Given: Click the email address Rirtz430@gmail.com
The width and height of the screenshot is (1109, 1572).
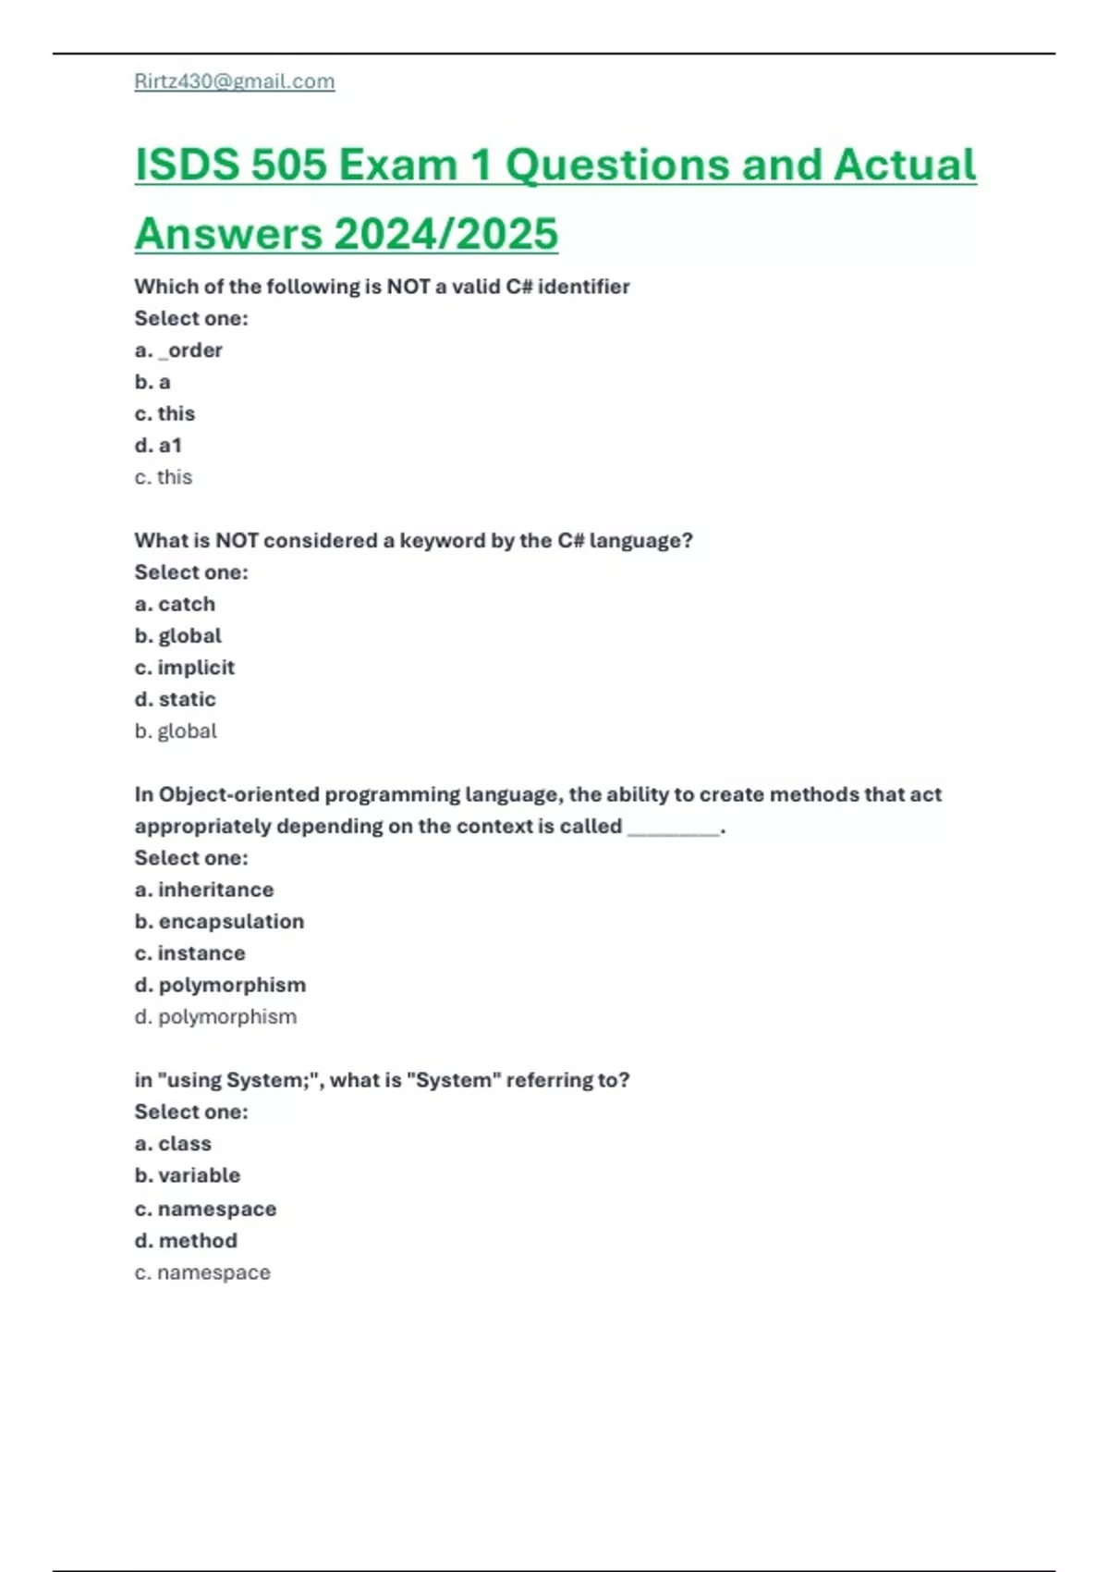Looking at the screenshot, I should click(x=235, y=81).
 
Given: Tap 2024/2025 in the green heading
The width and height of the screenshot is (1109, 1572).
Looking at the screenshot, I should click(x=445, y=234).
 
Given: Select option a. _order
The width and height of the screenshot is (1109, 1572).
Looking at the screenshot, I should click(x=178, y=350).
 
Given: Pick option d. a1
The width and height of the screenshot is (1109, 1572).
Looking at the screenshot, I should click(x=158, y=446).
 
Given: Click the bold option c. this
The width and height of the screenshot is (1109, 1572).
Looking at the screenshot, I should click(x=165, y=413).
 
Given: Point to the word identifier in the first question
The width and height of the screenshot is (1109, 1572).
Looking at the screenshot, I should click(x=583, y=287).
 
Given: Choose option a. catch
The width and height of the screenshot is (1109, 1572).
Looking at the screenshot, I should click(x=175, y=604).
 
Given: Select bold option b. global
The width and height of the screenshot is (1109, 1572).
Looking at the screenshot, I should click(x=177, y=636).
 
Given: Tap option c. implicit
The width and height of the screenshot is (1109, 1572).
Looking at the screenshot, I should click(x=184, y=668).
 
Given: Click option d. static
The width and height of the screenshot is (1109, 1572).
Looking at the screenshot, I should click(x=175, y=699).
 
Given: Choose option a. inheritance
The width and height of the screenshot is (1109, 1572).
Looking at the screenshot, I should click(x=204, y=890).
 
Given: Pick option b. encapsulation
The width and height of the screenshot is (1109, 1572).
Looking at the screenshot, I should click(x=219, y=922).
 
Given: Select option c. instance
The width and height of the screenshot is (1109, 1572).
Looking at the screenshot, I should click(x=189, y=953).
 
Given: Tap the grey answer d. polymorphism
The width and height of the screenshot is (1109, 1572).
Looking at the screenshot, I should click(x=215, y=1017).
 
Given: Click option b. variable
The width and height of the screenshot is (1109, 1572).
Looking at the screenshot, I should click(x=187, y=1175).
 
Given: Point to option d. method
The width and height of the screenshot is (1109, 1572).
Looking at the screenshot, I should click(x=186, y=1241).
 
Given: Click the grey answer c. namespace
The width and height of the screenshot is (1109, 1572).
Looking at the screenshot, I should click(x=202, y=1273).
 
